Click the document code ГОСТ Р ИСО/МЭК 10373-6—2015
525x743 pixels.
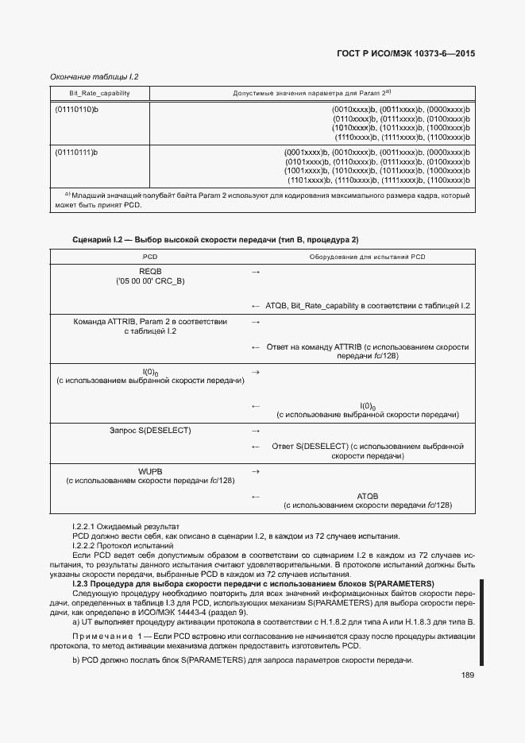click(406, 55)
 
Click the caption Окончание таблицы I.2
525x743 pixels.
click(95, 77)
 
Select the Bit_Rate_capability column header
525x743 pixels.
click(89, 94)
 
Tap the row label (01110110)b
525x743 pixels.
click(76, 109)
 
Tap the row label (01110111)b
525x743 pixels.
click(76, 152)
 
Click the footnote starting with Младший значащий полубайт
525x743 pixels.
click(262, 199)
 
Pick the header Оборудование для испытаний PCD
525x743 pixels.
click(367, 257)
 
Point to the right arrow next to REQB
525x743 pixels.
click(256, 273)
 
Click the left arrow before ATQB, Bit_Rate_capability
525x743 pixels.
click(256, 306)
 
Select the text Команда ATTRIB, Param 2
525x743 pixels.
click(150, 327)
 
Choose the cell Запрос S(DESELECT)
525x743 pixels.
click(150, 431)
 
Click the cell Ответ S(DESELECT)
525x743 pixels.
click(367, 451)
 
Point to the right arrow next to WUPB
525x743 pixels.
click(256, 472)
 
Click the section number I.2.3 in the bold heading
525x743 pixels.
click(83, 584)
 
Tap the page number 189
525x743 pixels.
click(467, 675)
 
